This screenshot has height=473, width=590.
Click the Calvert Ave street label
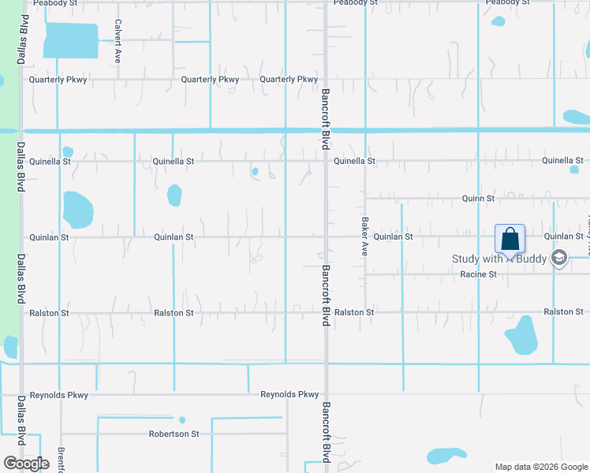[x=118, y=41]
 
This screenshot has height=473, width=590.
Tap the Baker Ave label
[x=365, y=237]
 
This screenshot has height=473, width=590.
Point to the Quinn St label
[x=478, y=199]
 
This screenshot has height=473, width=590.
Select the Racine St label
[x=478, y=274]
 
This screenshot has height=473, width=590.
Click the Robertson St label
[x=174, y=434]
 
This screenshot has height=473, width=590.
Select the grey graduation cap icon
[x=559, y=258]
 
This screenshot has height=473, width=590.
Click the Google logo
[x=27, y=463]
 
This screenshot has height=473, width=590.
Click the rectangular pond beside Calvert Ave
[x=71, y=40]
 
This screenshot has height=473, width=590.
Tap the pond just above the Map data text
[x=446, y=456]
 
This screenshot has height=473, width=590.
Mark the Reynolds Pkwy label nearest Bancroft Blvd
[x=289, y=395]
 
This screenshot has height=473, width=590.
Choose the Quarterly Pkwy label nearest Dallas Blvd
[x=58, y=80]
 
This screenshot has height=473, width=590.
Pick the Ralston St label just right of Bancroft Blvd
[x=354, y=313]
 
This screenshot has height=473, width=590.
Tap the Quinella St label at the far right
[x=562, y=161]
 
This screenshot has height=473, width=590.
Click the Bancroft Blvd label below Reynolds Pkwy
[x=326, y=433]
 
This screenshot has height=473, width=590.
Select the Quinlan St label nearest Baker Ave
[x=393, y=236]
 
